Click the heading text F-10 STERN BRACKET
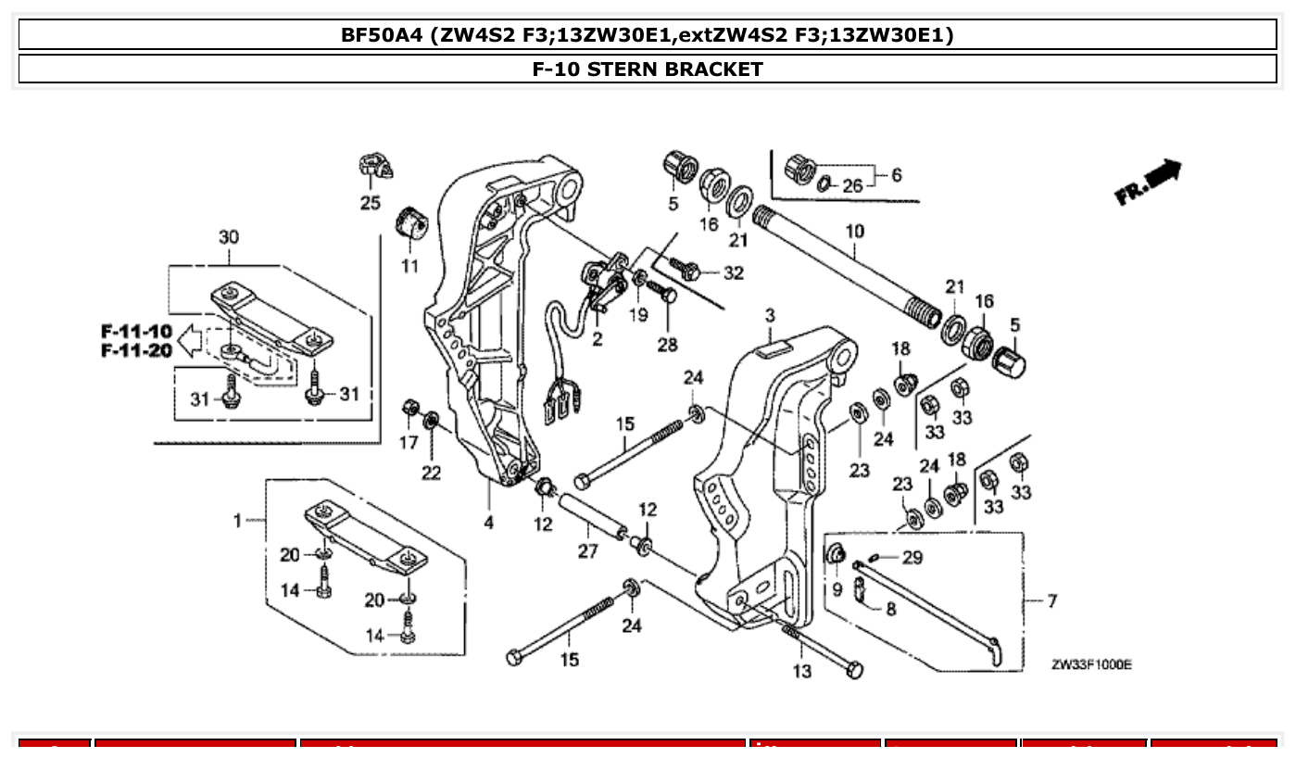pos(648,69)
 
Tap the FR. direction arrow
pos(1150,183)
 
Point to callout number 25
pos(370,203)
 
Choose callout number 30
pos(228,237)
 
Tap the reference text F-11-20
pos(136,351)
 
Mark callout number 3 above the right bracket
pos(770,316)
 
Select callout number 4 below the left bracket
pos(488,522)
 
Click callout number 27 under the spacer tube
pos(588,551)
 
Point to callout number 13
pos(801,670)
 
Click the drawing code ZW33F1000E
pos(1092,664)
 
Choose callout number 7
pos(1051,601)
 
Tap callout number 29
pos(912,557)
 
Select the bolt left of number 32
pos(686,270)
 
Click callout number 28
pos(667,345)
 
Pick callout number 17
pos(409,443)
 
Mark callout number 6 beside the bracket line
pos(896,174)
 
